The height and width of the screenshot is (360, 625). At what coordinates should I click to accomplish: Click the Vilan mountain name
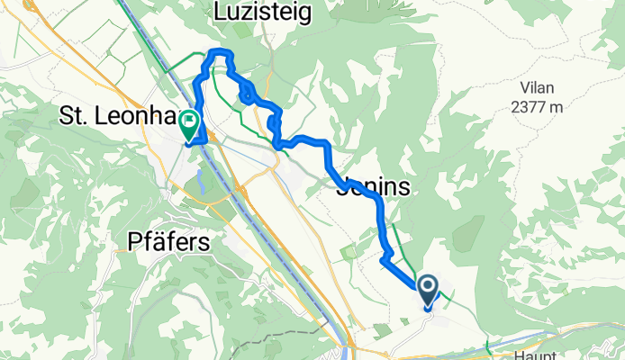coord(539,89)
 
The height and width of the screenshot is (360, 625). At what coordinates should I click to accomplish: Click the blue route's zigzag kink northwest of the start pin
coord(385,260)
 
